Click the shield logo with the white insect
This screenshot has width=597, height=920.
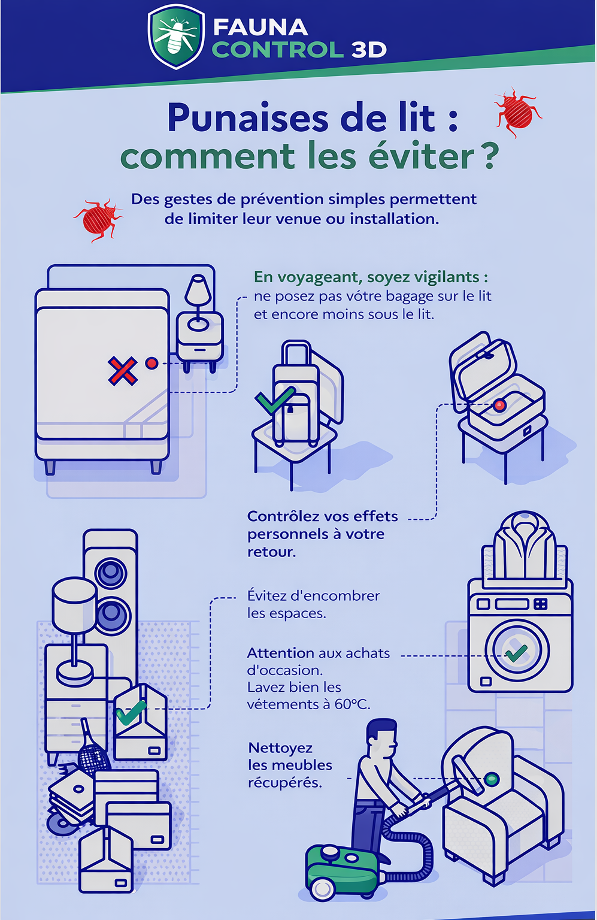pyautogui.click(x=176, y=37)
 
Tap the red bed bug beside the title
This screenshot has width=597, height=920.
pyautogui.click(x=518, y=112)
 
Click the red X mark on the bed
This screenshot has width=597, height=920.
pyautogui.click(x=122, y=371)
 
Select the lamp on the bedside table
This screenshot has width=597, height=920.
pyautogui.click(x=198, y=302)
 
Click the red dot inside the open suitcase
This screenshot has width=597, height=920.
pyautogui.click(x=499, y=405)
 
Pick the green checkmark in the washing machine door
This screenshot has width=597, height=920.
pyautogui.click(x=516, y=653)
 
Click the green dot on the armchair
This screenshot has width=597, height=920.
pyautogui.click(x=492, y=778)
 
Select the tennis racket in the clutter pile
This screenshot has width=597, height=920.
pyautogui.click(x=92, y=749)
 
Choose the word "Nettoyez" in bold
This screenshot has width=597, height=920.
pyautogui.click(x=280, y=748)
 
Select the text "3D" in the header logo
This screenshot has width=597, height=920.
pyautogui.click(x=369, y=50)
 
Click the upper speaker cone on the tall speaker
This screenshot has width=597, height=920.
pyautogui.click(x=110, y=571)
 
